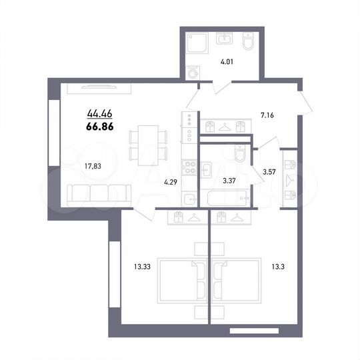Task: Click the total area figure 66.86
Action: coord(101,125)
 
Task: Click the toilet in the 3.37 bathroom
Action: coord(239,155)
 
